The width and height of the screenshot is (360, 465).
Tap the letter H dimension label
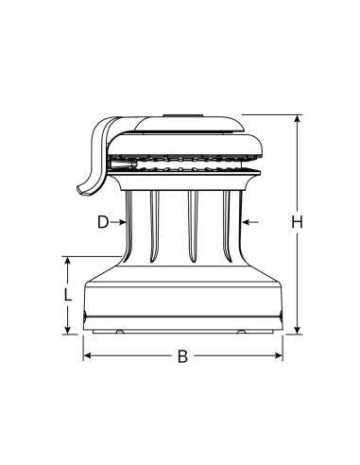297,223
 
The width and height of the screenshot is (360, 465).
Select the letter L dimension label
67,294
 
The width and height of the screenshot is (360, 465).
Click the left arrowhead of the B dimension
88,356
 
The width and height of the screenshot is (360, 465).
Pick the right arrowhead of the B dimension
280,356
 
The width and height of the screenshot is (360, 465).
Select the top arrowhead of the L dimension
68,259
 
